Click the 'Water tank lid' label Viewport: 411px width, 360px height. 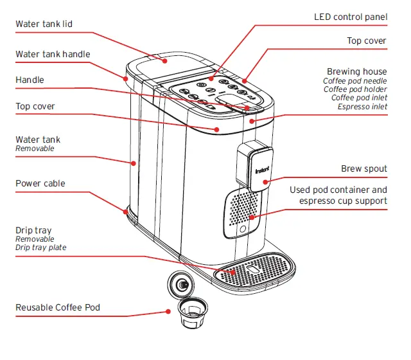click(44, 24)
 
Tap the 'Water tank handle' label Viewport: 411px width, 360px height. click(53, 55)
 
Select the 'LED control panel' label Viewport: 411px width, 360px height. click(350, 17)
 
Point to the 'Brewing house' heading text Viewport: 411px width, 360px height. click(356, 71)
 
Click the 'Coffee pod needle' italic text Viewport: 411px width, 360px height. click(354, 81)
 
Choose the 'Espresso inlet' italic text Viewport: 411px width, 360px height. click(362, 107)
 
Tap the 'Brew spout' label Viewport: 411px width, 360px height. click(363, 169)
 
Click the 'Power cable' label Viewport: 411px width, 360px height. click(40, 184)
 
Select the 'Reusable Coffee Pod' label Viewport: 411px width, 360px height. click(58, 308)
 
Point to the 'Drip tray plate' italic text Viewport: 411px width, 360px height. click(40, 248)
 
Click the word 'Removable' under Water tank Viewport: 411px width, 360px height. click(35, 148)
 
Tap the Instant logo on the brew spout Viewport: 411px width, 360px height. click(261, 171)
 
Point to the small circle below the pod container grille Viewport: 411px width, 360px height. click(243, 230)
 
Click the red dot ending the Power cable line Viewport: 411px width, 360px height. click(126, 210)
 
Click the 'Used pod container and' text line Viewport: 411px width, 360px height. click(338, 190)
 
